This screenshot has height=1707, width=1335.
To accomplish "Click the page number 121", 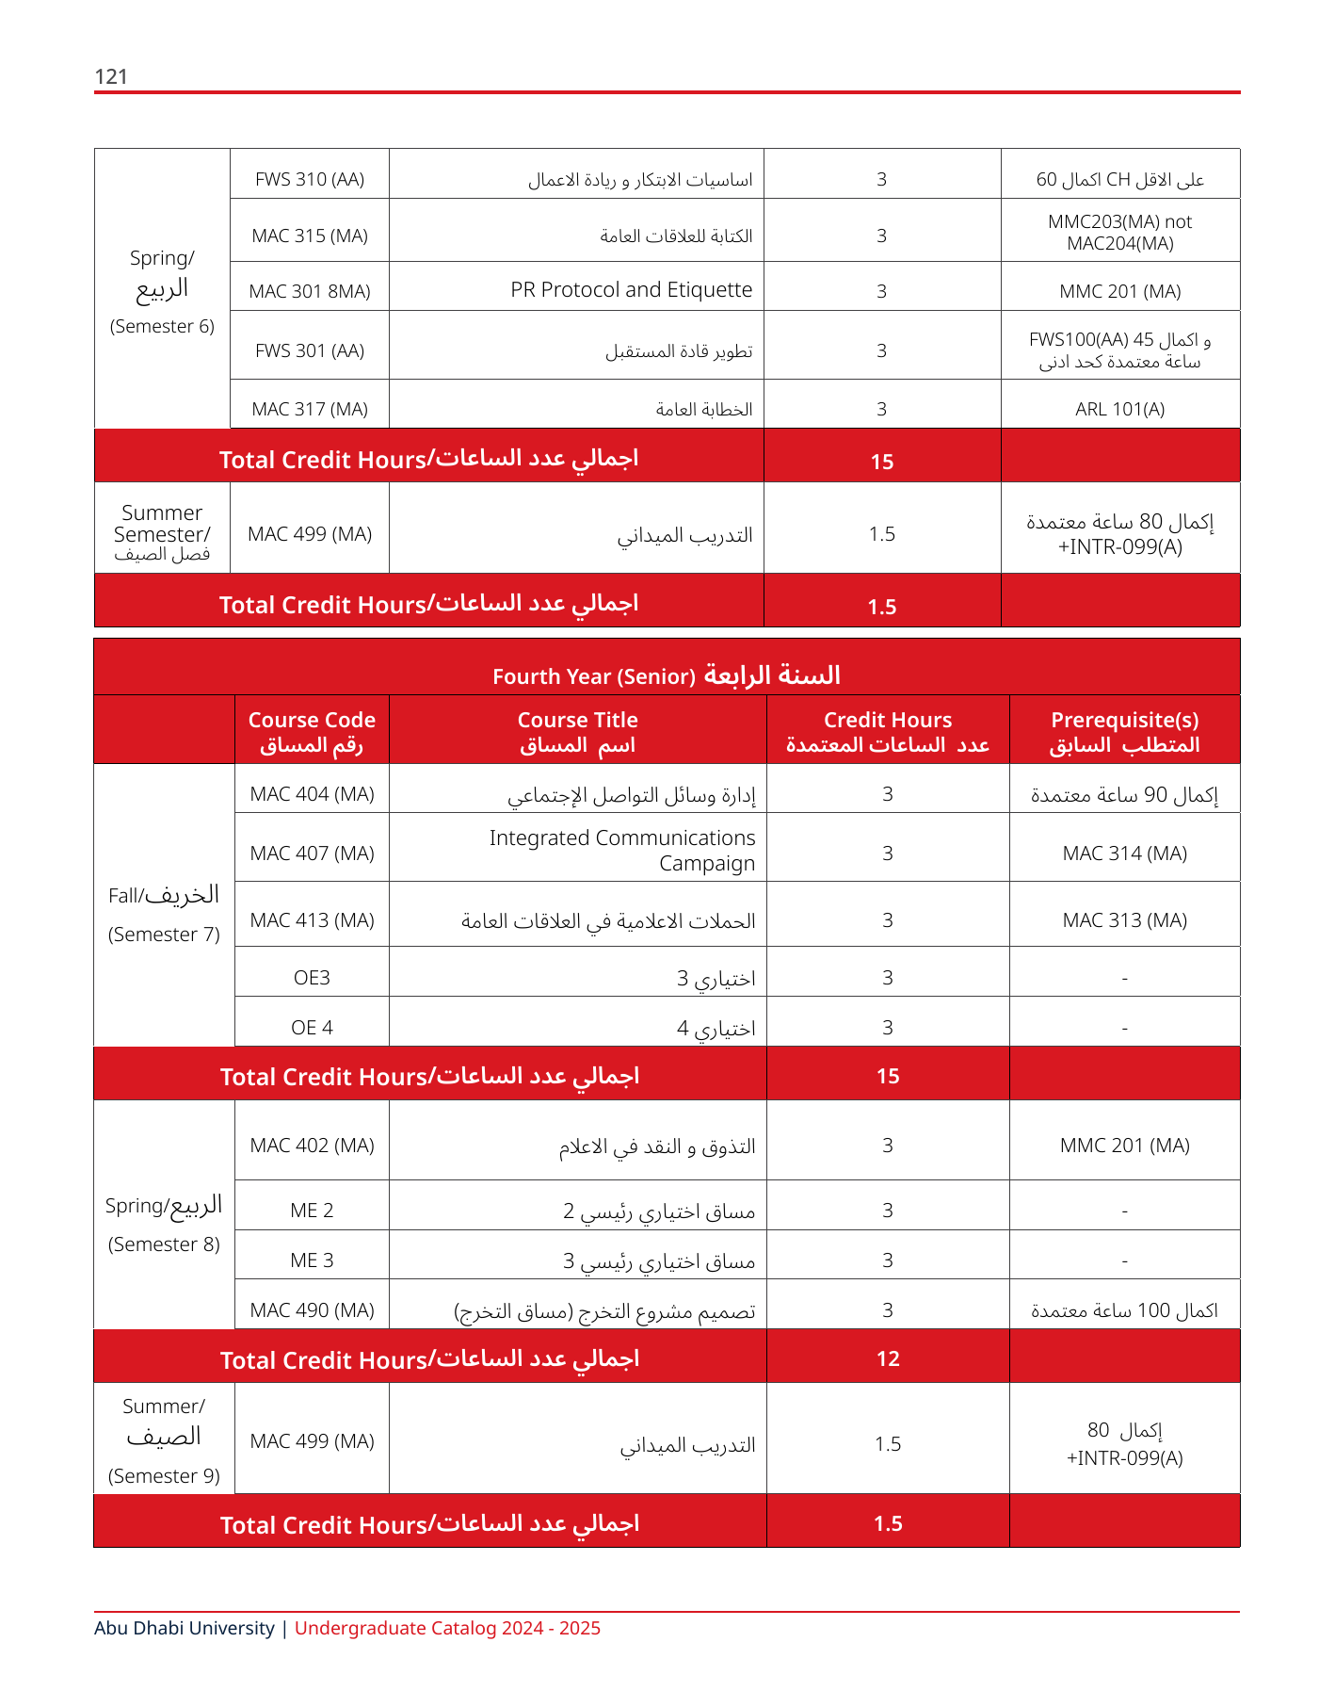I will [x=111, y=76].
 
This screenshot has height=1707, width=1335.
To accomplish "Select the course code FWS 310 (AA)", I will [x=310, y=179].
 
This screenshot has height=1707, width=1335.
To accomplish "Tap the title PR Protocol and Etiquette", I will [x=631, y=290].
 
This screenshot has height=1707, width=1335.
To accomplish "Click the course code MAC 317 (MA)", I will [x=310, y=409].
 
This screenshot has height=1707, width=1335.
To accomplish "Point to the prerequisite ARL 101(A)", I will [x=1119, y=409].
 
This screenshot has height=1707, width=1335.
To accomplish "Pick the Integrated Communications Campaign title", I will [x=622, y=851].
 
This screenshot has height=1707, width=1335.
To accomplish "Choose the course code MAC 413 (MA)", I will [x=312, y=920].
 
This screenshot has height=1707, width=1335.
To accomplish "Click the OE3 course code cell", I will [x=312, y=978].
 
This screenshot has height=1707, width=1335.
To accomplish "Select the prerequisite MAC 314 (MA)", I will [x=1124, y=853].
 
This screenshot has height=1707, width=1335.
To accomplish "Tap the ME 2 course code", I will [x=312, y=1211].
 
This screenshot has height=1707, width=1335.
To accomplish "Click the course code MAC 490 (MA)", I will [x=312, y=1310].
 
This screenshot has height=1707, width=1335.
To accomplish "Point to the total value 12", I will [x=888, y=1358].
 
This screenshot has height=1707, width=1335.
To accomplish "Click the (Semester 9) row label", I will [x=164, y=1476].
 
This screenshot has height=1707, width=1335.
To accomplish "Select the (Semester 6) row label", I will [x=162, y=327].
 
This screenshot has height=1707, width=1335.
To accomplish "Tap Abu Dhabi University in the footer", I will [x=185, y=1628].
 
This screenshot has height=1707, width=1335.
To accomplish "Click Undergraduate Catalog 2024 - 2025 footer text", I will [x=447, y=1628].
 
